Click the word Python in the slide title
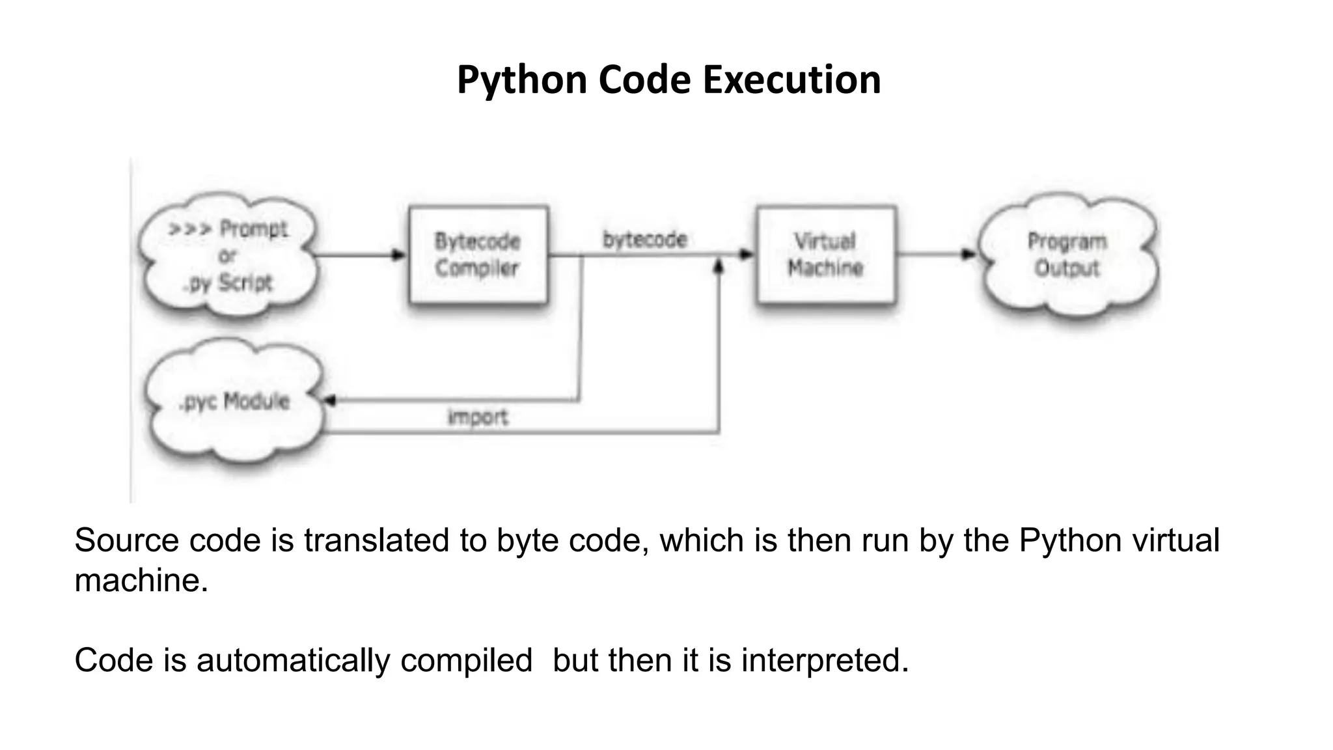522,79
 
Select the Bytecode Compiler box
478,255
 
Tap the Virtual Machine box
825,255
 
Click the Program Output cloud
1067,255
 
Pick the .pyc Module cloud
234,401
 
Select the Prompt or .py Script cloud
228,255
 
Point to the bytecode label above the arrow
644,240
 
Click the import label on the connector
478,417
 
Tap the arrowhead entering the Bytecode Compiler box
399,255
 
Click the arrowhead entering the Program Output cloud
969,255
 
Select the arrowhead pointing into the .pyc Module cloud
330,400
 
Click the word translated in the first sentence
377,540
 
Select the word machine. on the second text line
141,580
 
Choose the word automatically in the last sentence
293,660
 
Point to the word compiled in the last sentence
466,660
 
